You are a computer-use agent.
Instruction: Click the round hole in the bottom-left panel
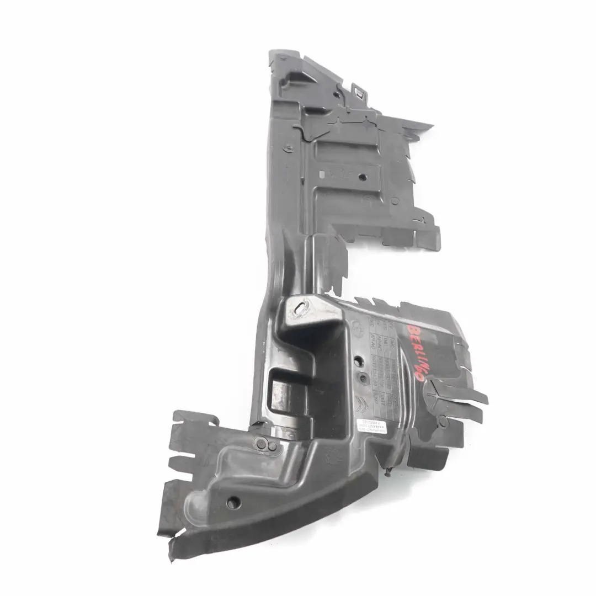233,502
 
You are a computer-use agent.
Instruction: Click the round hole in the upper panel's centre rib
362,178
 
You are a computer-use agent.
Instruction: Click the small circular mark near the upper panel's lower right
395,201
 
